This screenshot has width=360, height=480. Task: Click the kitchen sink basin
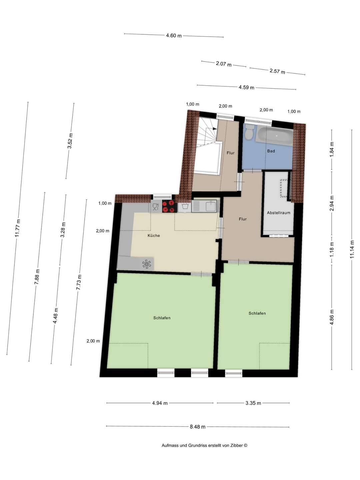tap(211, 206)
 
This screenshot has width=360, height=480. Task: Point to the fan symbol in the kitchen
tap(146, 264)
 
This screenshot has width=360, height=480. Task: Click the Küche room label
tap(154, 236)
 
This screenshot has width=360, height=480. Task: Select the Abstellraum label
tap(278, 213)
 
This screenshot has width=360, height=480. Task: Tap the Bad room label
tap(271, 151)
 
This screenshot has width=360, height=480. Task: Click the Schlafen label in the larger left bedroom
tap(162, 318)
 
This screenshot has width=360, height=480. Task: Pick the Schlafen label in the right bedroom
tap(257, 313)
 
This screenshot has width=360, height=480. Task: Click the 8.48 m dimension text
tap(198, 427)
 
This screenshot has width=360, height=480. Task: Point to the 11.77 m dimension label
tap(18, 229)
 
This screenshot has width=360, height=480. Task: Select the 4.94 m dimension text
tap(160, 403)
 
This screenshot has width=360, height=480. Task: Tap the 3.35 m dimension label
tap(253, 403)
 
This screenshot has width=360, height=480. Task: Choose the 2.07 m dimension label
tap(224, 64)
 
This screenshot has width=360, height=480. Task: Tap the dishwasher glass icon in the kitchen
tap(155, 207)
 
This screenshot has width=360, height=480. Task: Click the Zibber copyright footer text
tap(204, 445)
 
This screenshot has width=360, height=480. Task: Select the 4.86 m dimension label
tap(332, 317)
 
